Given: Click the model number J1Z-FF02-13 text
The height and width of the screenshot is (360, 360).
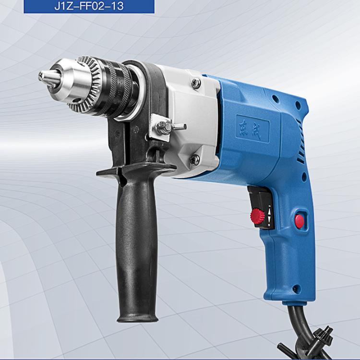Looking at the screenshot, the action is (89, 5).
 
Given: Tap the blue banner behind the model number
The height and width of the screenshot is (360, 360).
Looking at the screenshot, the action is (89, 6).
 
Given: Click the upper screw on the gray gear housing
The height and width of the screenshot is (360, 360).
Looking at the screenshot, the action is (196, 83).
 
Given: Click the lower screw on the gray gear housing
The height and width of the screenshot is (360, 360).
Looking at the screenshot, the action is (195, 159).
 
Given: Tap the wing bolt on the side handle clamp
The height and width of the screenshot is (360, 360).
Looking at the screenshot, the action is (170, 127).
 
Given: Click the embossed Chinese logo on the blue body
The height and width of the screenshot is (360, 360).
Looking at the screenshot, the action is (252, 129).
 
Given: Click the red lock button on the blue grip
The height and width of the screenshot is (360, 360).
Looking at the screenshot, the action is (299, 221).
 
